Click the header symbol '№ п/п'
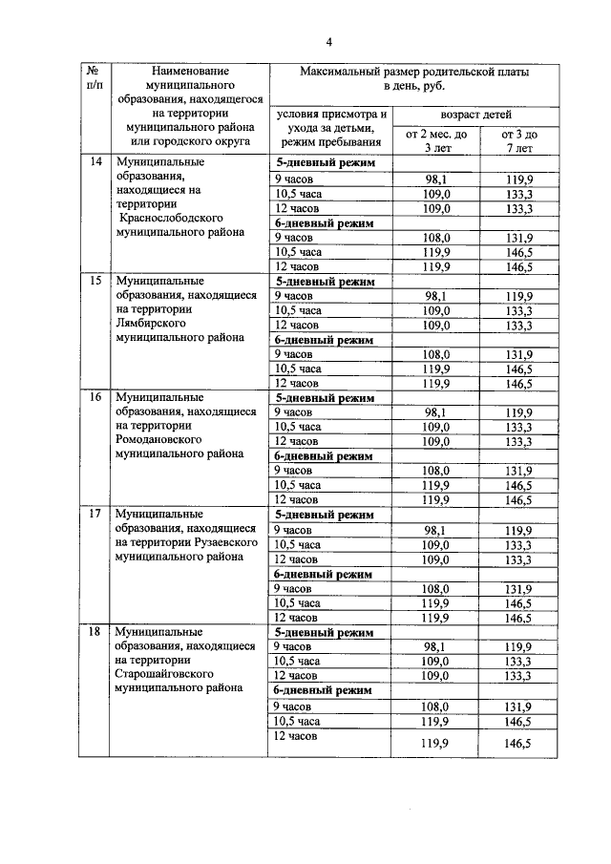click(x=95, y=79)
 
